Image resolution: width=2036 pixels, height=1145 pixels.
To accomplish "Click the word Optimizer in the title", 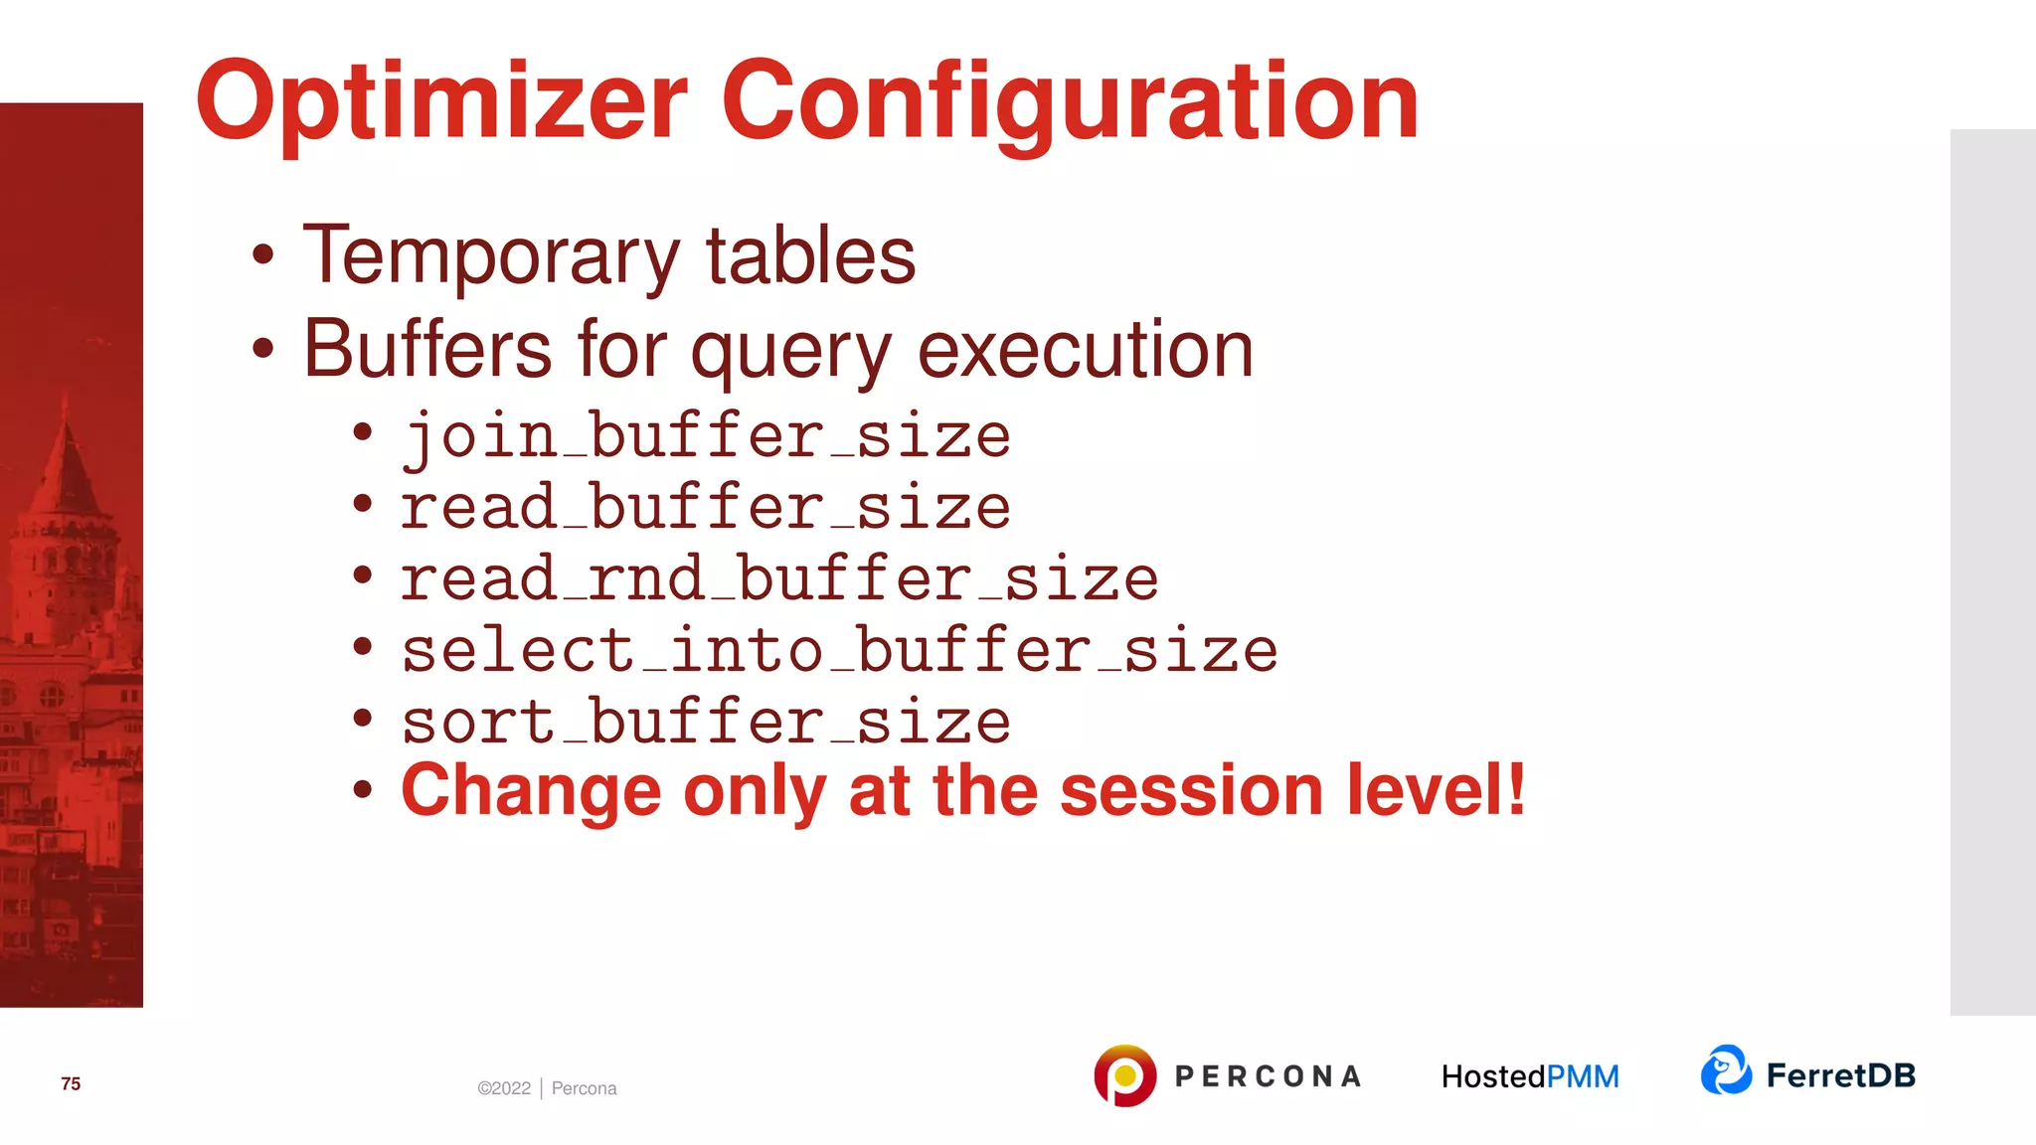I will click(441, 102).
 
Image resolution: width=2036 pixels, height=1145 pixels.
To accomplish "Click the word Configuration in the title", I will click(1070, 102).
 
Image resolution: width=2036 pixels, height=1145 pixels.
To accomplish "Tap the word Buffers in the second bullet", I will click(427, 350).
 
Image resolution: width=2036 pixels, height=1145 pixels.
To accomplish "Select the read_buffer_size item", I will click(706, 508).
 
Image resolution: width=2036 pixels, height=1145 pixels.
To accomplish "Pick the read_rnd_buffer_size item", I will click(779, 579).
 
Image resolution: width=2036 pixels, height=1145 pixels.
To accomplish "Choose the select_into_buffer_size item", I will click(839, 651).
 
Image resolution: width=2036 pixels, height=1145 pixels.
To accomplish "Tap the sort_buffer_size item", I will click(706, 722).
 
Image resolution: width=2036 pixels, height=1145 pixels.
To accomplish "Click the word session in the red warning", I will click(1191, 791).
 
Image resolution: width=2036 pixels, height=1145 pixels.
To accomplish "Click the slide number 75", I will click(71, 1083).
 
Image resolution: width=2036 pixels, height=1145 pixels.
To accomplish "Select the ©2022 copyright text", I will click(504, 1088).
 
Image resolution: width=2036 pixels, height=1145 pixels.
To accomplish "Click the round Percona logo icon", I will click(1124, 1075).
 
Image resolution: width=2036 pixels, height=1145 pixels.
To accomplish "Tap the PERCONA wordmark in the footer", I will click(1268, 1076).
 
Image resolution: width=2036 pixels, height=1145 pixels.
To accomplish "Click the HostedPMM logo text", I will click(1530, 1076).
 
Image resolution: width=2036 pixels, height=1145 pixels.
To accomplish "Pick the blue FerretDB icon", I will click(1726, 1070).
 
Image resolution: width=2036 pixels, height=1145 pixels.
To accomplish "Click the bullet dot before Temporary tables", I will click(262, 255).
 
